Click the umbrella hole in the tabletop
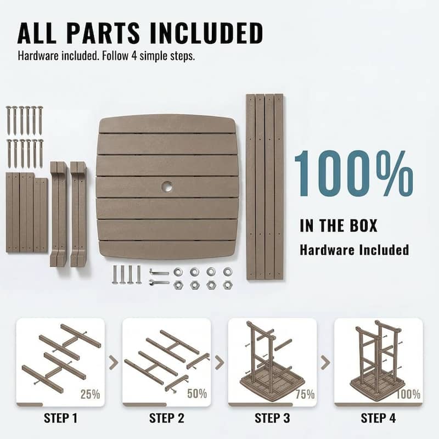(x=167, y=186)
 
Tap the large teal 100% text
(x=353, y=173)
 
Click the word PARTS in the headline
(x=103, y=33)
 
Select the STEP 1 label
(x=60, y=418)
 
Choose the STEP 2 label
(x=167, y=418)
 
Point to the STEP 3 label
(x=272, y=418)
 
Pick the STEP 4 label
(x=378, y=418)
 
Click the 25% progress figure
(x=90, y=394)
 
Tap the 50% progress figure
(x=197, y=393)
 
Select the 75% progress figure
(x=305, y=394)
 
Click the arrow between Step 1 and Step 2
(x=114, y=362)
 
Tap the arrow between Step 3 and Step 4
(x=325, y=362)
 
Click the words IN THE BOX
(x=339, y=226)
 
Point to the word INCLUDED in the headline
(x=207, y=33)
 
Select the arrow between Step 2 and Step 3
(x=219, y=362)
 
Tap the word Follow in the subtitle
(x=115, y=56)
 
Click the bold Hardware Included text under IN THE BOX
(x=354, y=250)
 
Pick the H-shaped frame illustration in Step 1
(x=61, y=358)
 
